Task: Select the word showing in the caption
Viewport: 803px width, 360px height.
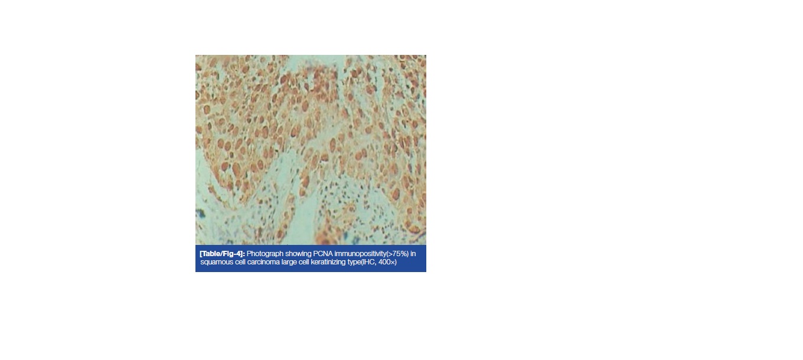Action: (x=298, y=254)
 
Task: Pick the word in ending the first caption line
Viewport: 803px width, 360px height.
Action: (x=413, y=254)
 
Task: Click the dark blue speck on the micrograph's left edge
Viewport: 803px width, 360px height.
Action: (x=200, y=214)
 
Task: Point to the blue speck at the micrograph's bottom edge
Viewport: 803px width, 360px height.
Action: (x=345, y=236)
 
